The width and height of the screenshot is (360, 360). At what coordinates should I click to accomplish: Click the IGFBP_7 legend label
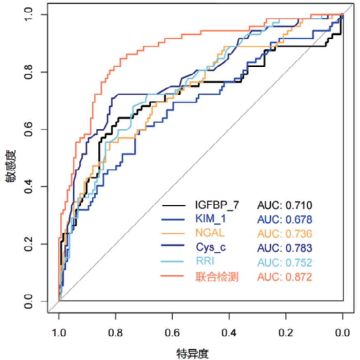217,204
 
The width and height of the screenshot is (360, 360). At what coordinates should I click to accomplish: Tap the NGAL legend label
210,233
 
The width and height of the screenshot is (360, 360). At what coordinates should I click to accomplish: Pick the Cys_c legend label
211,248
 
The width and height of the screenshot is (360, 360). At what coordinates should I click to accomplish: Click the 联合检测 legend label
217,277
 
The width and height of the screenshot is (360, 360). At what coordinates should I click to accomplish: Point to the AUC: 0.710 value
284,205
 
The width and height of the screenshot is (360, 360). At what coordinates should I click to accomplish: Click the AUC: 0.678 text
284,219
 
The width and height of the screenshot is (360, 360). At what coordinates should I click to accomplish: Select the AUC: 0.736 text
284,234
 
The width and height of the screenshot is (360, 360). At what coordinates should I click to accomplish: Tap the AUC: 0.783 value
284,248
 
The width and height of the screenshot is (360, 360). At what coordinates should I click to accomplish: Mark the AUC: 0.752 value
284,263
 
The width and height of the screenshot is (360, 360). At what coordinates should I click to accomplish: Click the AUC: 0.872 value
284,277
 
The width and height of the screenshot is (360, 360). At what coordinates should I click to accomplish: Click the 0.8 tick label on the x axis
116,333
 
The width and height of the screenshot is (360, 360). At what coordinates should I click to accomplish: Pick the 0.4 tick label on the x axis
229,333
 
